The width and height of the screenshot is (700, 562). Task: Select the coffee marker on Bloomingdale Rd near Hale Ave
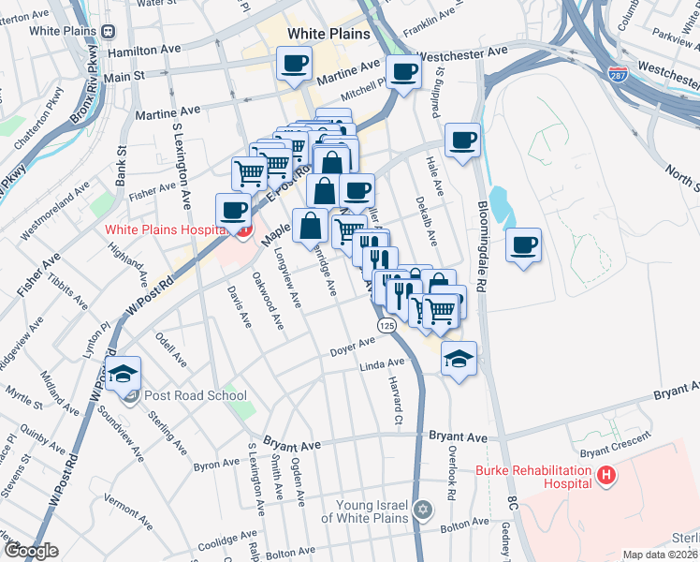click(x=462, y=141)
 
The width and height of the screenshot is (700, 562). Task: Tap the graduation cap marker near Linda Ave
click(x=459, y=360)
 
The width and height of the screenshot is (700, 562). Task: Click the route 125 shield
click(x=387, y=324)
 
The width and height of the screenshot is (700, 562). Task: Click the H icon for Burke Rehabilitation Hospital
click(x=606, y=477)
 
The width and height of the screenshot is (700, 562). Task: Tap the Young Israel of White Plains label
click(x=365, y=511)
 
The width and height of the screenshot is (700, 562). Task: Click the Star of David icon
click(x=424, y=510)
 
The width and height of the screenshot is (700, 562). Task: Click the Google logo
click(x=30, y=551)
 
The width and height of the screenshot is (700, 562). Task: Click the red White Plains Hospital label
click(x=167, y=228)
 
